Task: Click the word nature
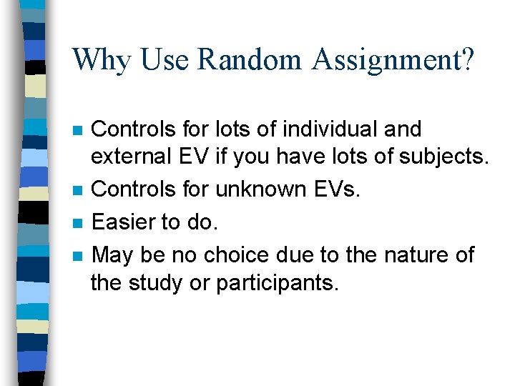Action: tap(409, 254)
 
